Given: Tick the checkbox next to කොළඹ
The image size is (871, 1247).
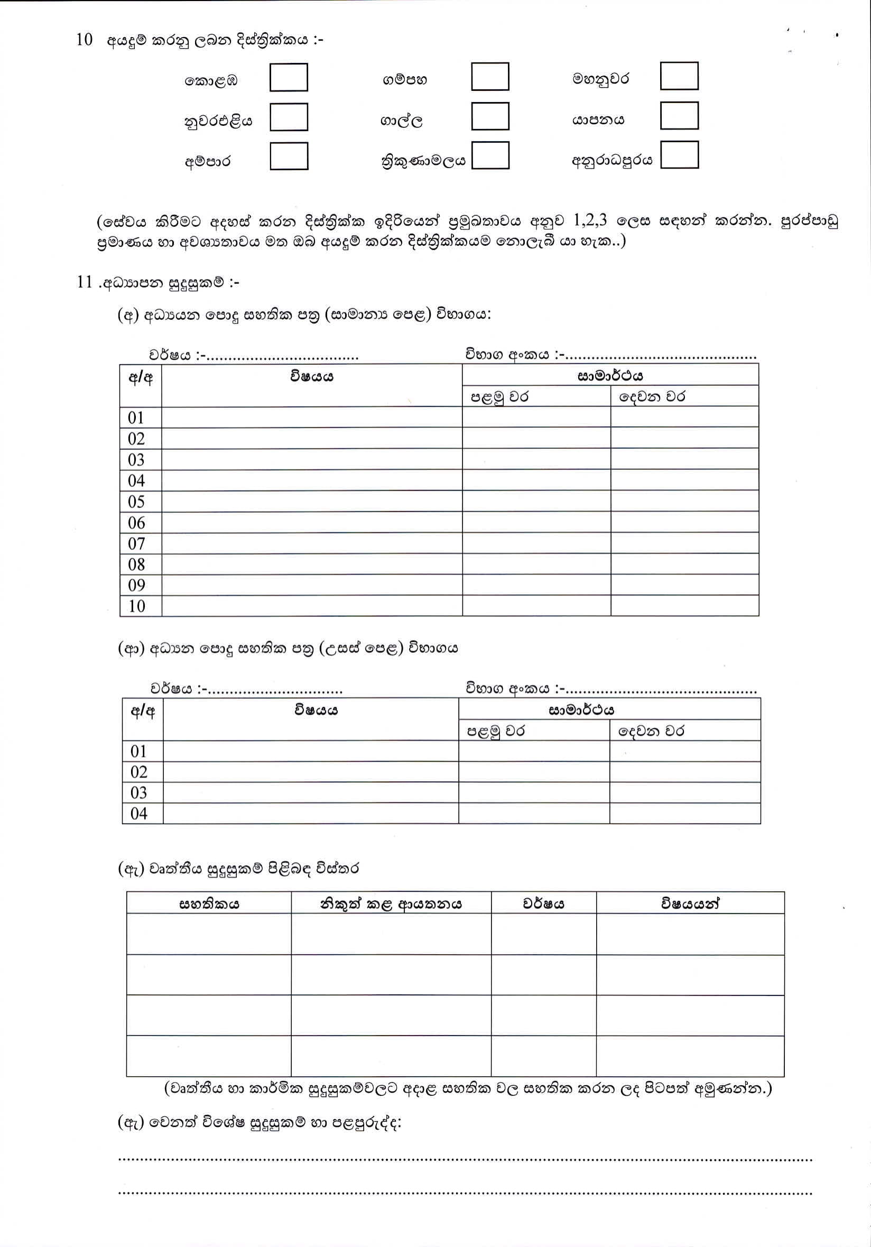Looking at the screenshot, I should tap(289, 78).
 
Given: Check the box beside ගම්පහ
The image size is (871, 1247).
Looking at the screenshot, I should tap(490, 77).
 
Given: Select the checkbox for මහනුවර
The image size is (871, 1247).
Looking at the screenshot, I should tap(679, 76).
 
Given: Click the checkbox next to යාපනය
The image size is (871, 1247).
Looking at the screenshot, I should tap(679, 116).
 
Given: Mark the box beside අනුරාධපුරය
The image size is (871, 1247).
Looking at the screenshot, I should tap(679, 155).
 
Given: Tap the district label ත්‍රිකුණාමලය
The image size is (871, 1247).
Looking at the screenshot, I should tap(423, 161).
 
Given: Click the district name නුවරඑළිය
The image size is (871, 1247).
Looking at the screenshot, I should tap(218, 121).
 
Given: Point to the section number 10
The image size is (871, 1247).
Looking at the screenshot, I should tap(85, 40).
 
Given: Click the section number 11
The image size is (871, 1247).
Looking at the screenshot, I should tap(85, 282).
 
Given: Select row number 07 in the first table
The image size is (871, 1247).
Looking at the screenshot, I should tap(137, 543).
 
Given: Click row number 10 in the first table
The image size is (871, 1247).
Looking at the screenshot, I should tap(137, 606).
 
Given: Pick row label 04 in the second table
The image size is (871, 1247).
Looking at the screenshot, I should tap(139, 814).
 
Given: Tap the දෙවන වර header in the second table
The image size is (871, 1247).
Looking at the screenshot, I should tap(651, 731).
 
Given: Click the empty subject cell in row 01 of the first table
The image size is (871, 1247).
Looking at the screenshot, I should tap(312, 418).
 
